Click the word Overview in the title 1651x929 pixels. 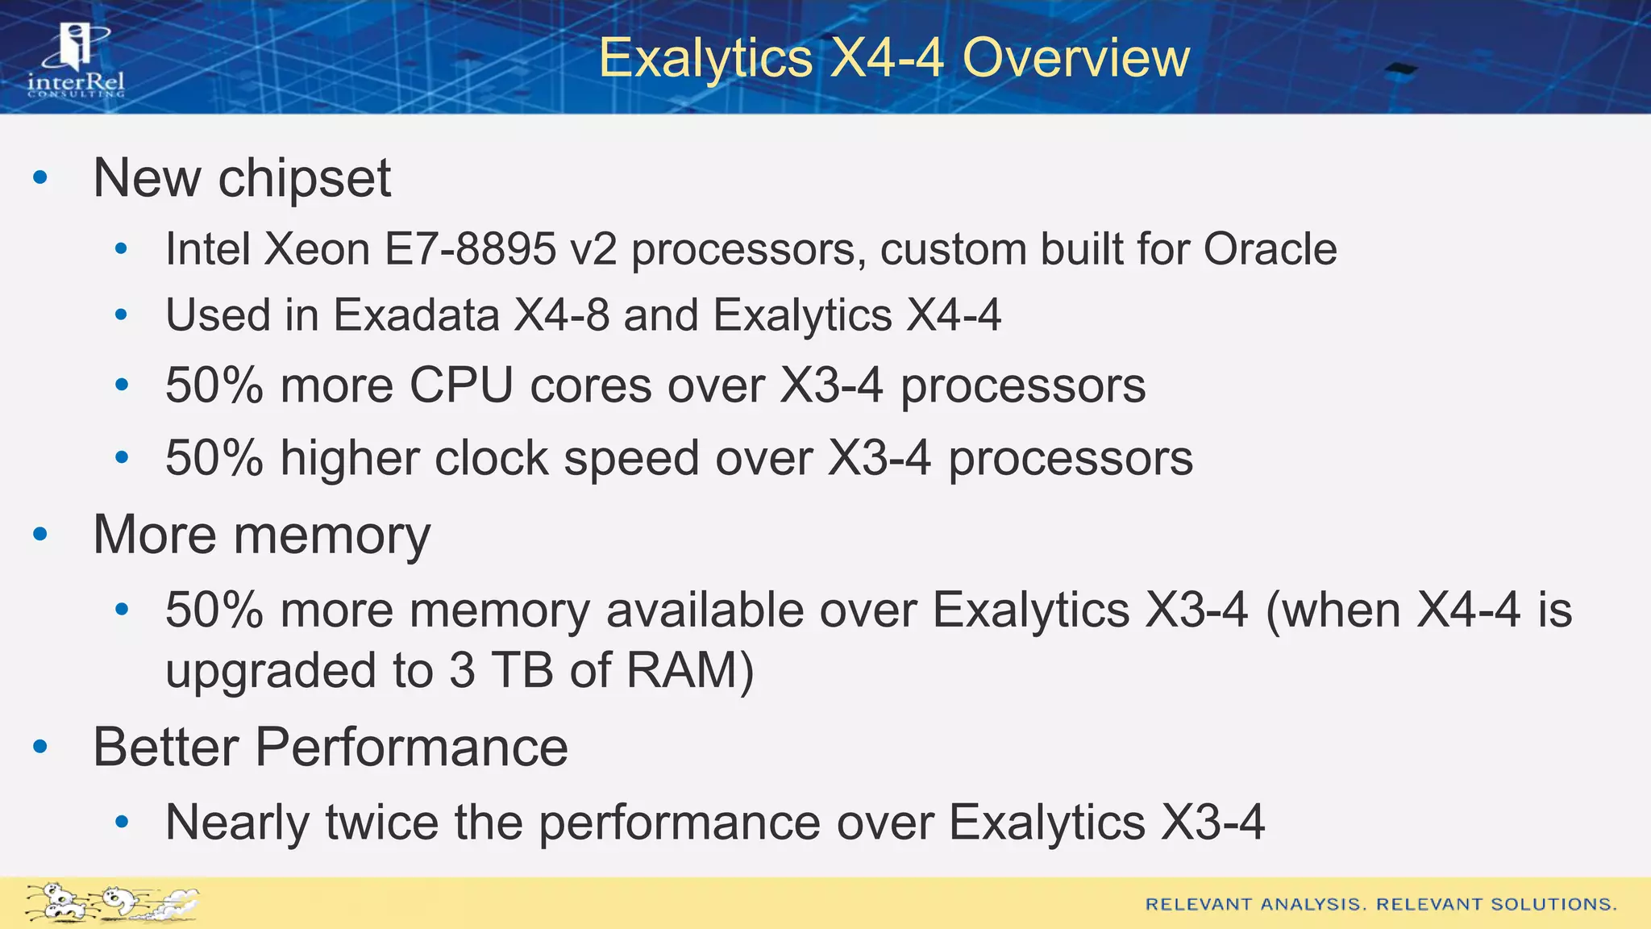click(x=1076, y=58)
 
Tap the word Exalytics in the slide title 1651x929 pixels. click(x=706, y=58)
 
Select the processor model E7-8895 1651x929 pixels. click(x=470, y=249)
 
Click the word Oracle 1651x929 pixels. click(x=1270, y=249)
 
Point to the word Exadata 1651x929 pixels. click(x=416, y=315)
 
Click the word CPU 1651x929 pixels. click(x=461, y=385)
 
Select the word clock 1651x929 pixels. click(x=492, y=458)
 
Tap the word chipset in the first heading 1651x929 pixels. click(x=305, y=178)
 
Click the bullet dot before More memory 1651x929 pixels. click(x=40, y=534)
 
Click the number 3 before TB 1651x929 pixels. click(x=462, y=670)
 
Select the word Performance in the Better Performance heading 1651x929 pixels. click(x=411, y=747)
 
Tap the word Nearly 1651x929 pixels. click(x=238, y=823)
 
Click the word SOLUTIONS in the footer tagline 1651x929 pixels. click(x=1553, y=905)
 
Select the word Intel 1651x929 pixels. click(x=207, y=249)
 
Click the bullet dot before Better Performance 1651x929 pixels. click(x=40, y=747)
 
